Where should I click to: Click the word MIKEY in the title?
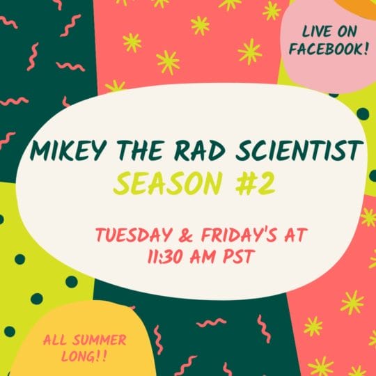(68, 150)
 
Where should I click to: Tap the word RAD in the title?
(200, 150)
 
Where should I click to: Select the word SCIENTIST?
(299, 150)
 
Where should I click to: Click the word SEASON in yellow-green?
(167, 184)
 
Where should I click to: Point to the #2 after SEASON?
(255, 184)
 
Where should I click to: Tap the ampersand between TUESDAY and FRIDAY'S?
(186, 235)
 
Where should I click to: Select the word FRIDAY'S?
(239, 235)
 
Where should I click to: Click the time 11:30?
(166, 256)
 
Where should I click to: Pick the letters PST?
(238, 256)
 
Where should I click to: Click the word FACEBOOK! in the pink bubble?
(329, 49)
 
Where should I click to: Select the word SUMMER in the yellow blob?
(100, 340)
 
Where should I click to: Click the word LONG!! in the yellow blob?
(84, 357)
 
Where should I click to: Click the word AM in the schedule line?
(203, 256)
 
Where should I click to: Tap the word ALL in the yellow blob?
(54, 340)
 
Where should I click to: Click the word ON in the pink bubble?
(347, 31)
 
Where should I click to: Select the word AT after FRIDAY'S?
(295, 235)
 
